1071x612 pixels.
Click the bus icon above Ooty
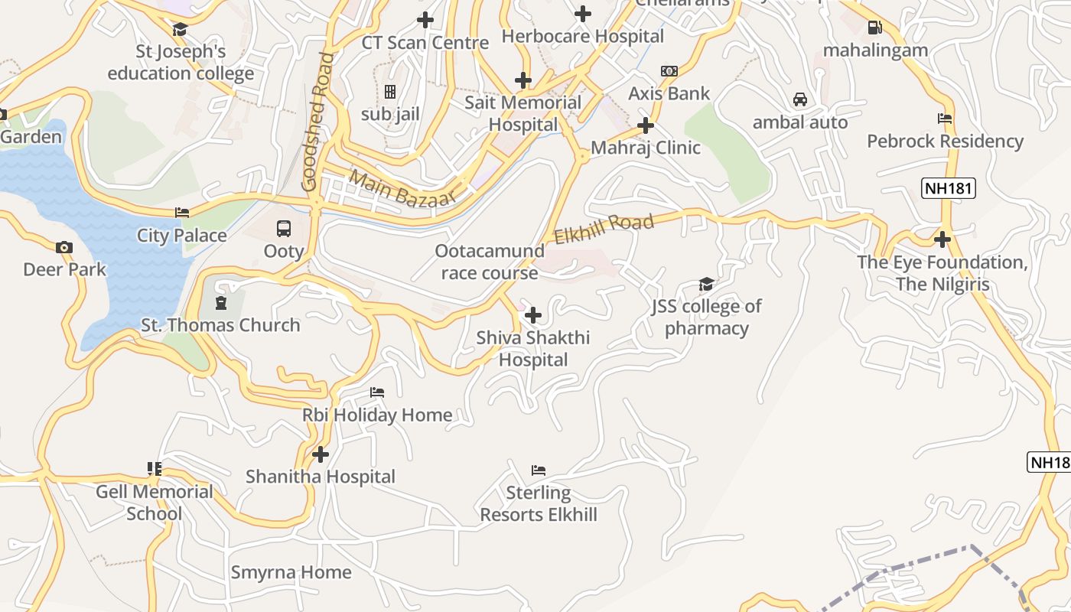(x=284, y=228)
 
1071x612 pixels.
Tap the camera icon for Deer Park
(x=64, y=246)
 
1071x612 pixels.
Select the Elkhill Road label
(x=604, y=229)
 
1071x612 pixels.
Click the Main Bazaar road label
(x=402, y=188)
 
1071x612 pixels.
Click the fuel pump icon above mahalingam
(x=875, y=28)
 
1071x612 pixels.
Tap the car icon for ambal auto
(x=800, y=99)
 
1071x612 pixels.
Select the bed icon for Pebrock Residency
(x=945, y=119)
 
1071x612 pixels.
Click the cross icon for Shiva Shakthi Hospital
(x=533, y=314)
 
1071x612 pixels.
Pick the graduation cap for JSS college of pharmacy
(x=706, y=285)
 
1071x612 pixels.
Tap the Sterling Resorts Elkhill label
(x=539, y=503)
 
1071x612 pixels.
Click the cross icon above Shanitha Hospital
(x=321, y=454)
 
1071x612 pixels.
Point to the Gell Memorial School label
(x=155, y=503)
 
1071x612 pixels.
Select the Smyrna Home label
(x=291, y=572)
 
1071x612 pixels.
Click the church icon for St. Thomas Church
(x=221, y=303)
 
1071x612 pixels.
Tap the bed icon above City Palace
(x=182, y=213)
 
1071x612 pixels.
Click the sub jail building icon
(x=390, y=92)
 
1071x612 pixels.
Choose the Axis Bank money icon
(x=669, y=71)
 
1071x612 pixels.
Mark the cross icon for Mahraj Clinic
(x=646, y=125)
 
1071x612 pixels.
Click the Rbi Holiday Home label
(x=377, y=415)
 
